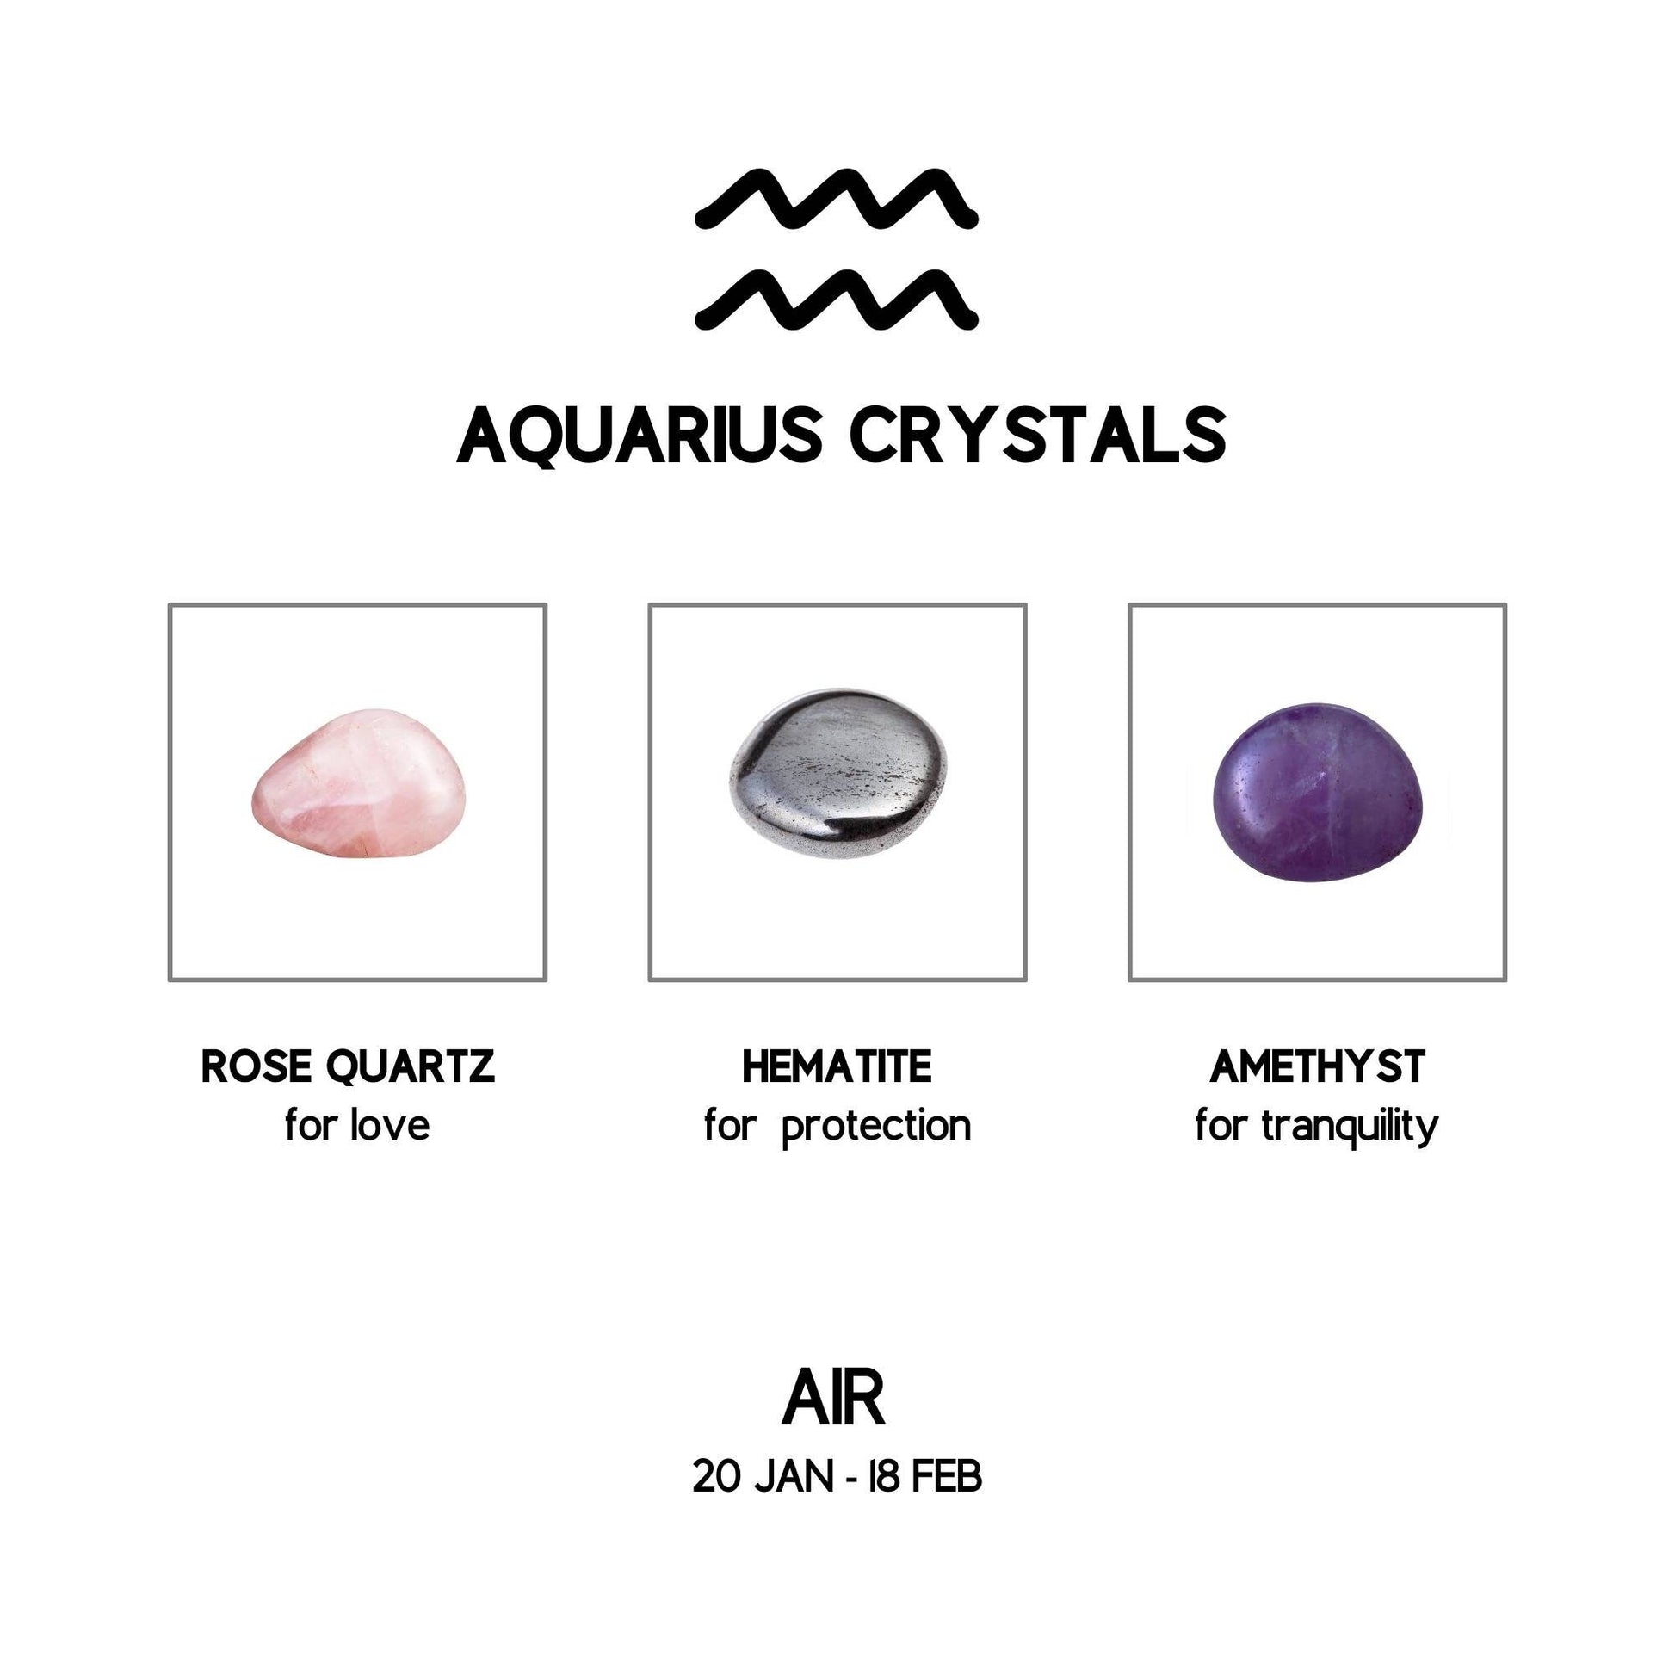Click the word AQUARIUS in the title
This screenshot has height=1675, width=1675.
click(x=639, y=436)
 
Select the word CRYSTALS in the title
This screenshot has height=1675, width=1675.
click(x=1038, y=436)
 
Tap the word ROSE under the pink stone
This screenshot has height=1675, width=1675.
click(x=255, y=1066)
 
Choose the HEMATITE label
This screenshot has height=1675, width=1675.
click(x=837, y=1066)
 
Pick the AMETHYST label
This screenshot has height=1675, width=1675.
click(x=1317, y=1066)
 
